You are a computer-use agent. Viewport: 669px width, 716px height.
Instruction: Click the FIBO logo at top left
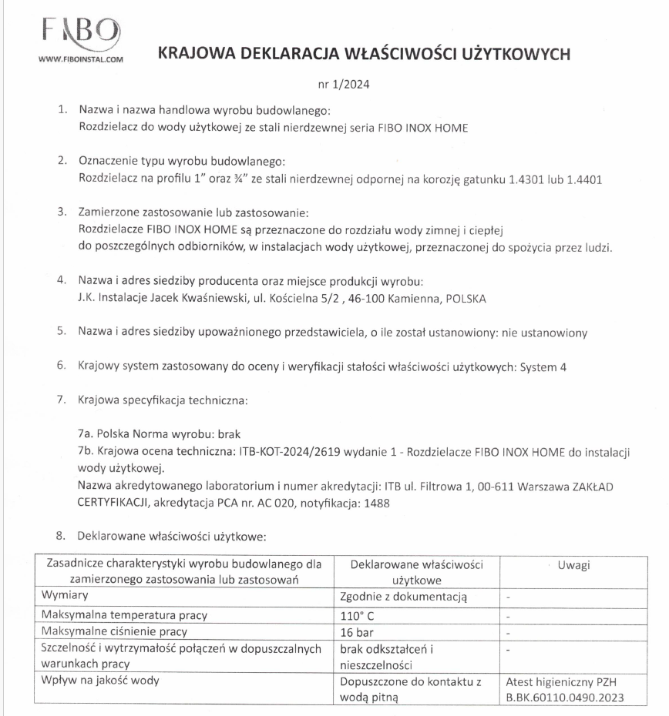(x=79, y=32)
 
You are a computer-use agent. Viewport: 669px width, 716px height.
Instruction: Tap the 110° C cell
(x=355, y=615)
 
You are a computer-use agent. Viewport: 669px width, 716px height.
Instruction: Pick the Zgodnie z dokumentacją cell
(x=404, y=597)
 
